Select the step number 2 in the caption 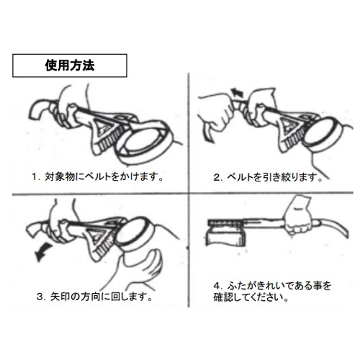coord(215,175)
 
